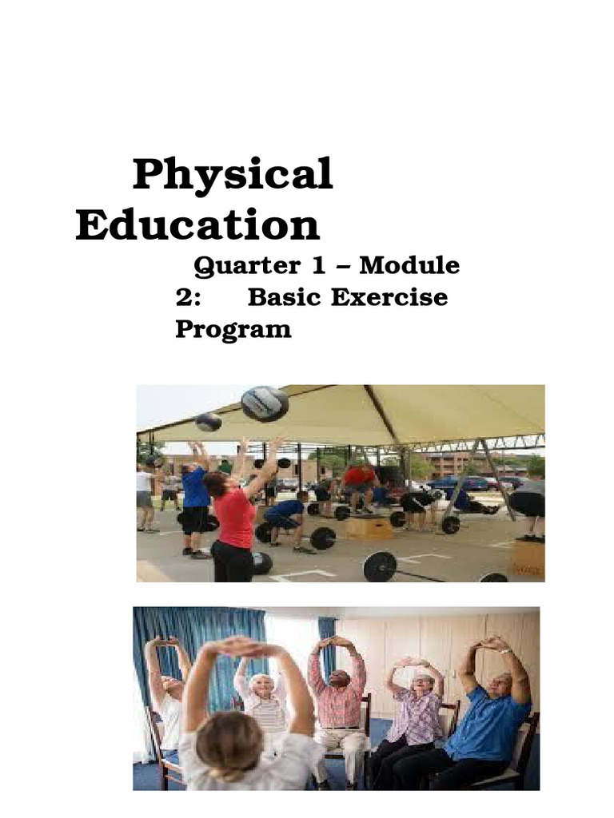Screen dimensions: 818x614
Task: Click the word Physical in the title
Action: point(232,175)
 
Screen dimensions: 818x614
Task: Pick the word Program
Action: point(233,328)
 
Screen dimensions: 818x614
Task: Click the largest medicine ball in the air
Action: point(265,403)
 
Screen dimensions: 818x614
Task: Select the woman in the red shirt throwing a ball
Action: point(233,519)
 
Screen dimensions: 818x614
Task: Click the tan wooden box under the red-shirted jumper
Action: point(369,527)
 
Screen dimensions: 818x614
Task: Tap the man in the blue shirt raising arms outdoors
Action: point(193,499)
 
